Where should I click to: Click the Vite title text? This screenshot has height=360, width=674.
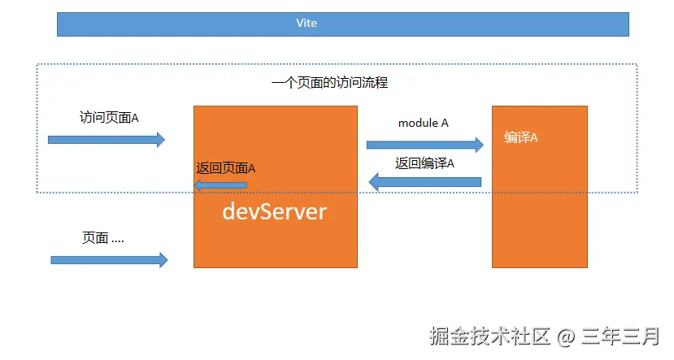click(x=307, y=24)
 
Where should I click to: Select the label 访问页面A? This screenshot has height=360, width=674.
click(x=109, y=117)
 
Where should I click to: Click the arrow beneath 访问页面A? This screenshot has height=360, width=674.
click(x=107, y=140)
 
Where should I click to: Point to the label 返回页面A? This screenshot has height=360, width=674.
click(x=226, y=168)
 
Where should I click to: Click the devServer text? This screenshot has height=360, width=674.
click(x=275, y=212)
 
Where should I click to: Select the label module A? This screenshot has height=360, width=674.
click(x=423, y=123)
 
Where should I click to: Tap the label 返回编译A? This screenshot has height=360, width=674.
click(x=424, y=163)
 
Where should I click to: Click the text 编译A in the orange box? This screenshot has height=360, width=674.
click(x=520, y=137)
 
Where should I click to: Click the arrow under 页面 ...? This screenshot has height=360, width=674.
click(x=109, y=260)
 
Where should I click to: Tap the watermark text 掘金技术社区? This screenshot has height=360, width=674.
click(x=490, y=335)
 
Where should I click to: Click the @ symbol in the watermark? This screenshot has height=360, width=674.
click(x=565, y=335)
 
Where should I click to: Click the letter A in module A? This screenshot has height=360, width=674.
click(x=444, y=123)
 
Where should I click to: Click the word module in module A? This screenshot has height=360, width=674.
click(x=417, y=123)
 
